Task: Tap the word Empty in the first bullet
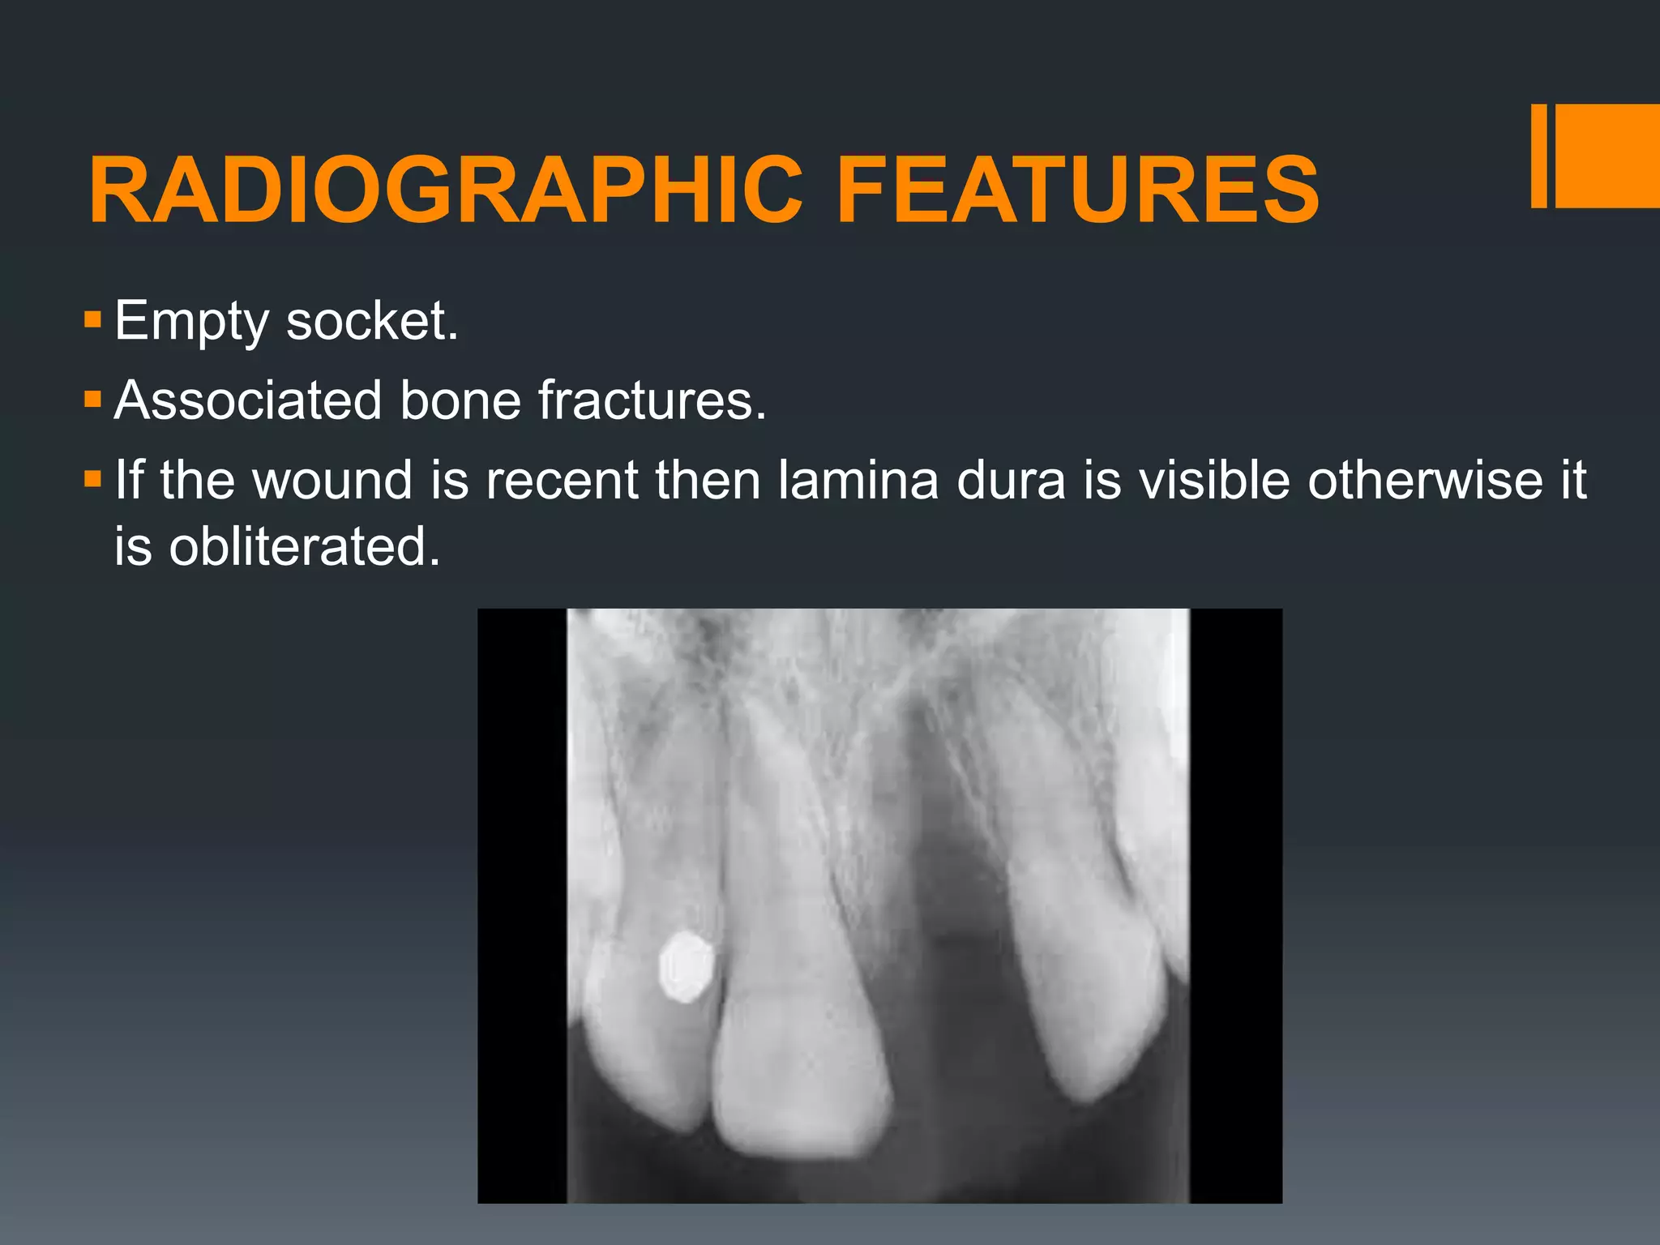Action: (191, 323)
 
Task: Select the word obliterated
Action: (304, 545)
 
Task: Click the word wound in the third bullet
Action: (332, 479)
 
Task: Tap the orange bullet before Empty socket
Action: (92, 320)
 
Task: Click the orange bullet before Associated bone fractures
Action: (92, 400)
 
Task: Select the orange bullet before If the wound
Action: (92, 479)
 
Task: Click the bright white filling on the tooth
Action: (686, 965)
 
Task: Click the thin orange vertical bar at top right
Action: (1538, 156)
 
